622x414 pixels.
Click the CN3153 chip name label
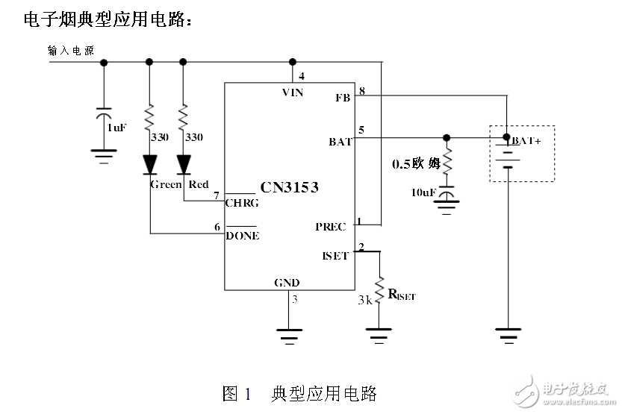tap(289, 187)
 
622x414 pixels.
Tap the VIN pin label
tap(292, 92)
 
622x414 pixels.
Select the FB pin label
tap(343, 98)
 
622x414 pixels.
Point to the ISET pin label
tap(335, 256)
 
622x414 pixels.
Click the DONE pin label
tap(243, 236)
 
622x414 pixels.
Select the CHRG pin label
tap(242, 203)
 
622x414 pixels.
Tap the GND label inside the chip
tap(287, 283)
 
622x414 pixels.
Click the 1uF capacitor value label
tap(116, 128)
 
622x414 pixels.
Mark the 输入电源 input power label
tap(70, 51)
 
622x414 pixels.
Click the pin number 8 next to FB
tap(361, 91)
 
